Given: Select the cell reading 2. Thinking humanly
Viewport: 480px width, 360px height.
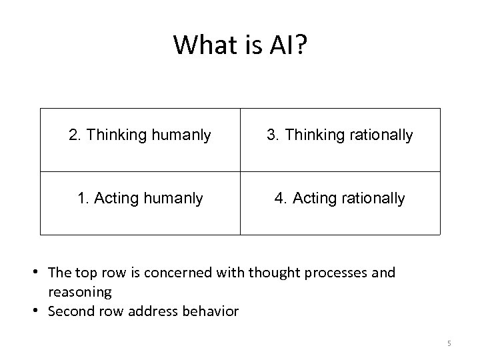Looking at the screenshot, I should pos(140,136).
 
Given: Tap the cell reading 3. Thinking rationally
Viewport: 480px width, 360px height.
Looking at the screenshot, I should pos(340,136).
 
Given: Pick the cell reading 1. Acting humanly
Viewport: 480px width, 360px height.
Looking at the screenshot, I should pos(140,199).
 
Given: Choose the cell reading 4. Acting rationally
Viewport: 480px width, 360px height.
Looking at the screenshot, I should pos(340,199).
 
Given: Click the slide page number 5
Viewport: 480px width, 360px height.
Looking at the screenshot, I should pos(449,343).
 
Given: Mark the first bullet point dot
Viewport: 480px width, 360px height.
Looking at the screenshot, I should pos(41,273).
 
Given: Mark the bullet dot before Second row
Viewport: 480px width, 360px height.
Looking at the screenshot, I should pos(41,311).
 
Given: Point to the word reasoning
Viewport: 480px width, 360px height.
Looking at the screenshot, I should pos(80,292).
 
